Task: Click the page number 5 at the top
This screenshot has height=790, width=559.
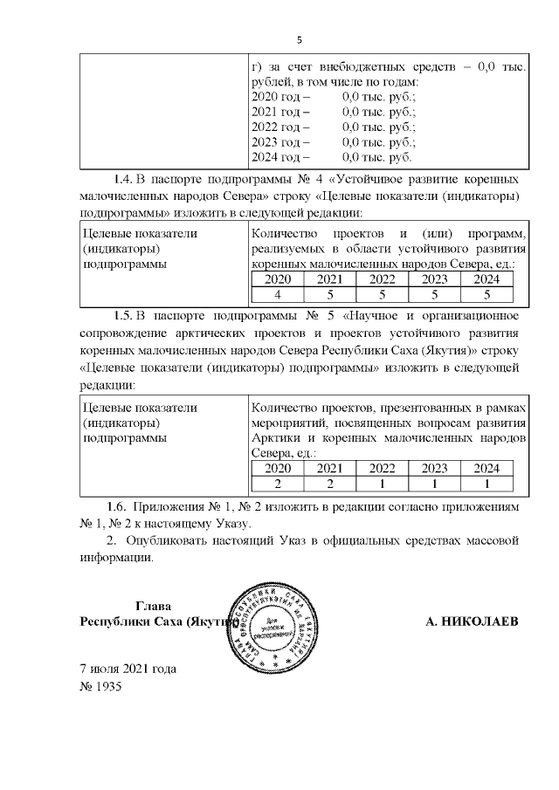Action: (299, 40)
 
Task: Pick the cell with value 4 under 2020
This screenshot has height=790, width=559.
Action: (277, 294)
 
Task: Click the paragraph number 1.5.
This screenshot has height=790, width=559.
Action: (125, 314)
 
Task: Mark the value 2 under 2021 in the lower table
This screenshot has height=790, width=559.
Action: (329, 484)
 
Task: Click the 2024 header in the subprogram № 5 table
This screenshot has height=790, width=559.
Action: (487, 468)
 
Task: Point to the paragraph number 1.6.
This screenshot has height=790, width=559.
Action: (122, 507)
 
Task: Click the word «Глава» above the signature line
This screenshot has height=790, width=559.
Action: (154, 607)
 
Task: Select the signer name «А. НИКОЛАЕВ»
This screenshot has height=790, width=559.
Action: (471, 622)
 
